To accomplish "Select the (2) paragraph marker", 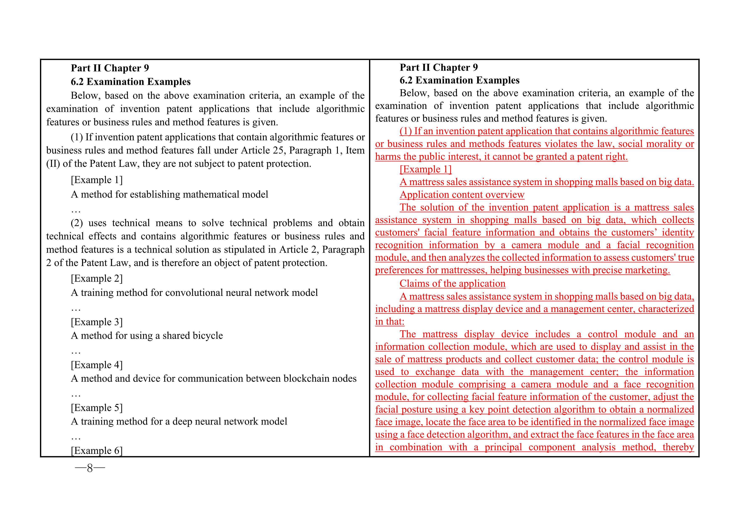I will [x=77, y=223].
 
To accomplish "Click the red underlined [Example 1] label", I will [x=426, y=169].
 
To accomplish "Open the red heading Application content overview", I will [x=462, y=195].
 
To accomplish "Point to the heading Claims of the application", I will [x=452, y=283].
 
